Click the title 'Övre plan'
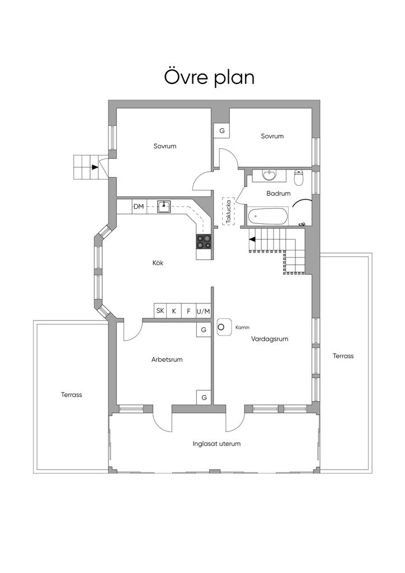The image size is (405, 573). click(x=209, y=77)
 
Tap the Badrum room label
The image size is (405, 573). click(x=278, y=194)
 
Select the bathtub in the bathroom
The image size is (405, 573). click(x=268, y=217)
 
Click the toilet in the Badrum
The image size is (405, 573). click(x=299, y=177)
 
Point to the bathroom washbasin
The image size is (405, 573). click(x=270, y=175)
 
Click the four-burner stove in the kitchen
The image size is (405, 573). click(x=204, y=241)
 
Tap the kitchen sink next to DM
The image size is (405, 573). click(x=163, y=206)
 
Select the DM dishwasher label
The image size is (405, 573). click(x=138, y=207)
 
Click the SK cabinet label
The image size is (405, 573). click(x=160, y=311)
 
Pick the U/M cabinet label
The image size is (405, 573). click(x=204, y=311)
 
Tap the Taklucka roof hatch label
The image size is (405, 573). click(x=229, y=211)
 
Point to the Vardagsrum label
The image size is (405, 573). click(x=270, y=339)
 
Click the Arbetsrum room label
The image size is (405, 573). click(x=167, y=360)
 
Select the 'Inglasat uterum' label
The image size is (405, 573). click(x=216, y=444)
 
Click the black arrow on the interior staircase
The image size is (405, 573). click(x=252, y=239)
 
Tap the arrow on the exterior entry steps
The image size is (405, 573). click(x=95, y=167)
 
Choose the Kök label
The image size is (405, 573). click(x=158, y=263)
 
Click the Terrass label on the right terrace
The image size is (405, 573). click(x=343, y=356)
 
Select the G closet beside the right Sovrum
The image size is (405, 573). click(x=222, y=130)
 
